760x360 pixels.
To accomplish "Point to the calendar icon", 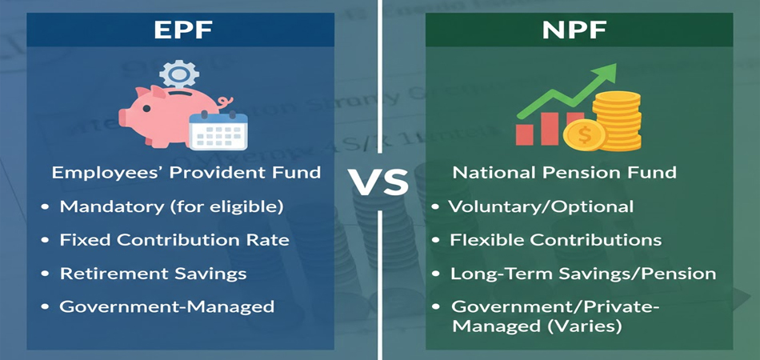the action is [x=218, y=130].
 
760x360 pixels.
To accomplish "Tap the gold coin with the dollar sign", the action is [x=585, y=136].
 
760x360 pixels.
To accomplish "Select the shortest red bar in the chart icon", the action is [x=525, y=134].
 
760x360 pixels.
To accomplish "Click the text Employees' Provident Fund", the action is [x=186, y=173].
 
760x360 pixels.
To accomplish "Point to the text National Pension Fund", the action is [x=565, y=173].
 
